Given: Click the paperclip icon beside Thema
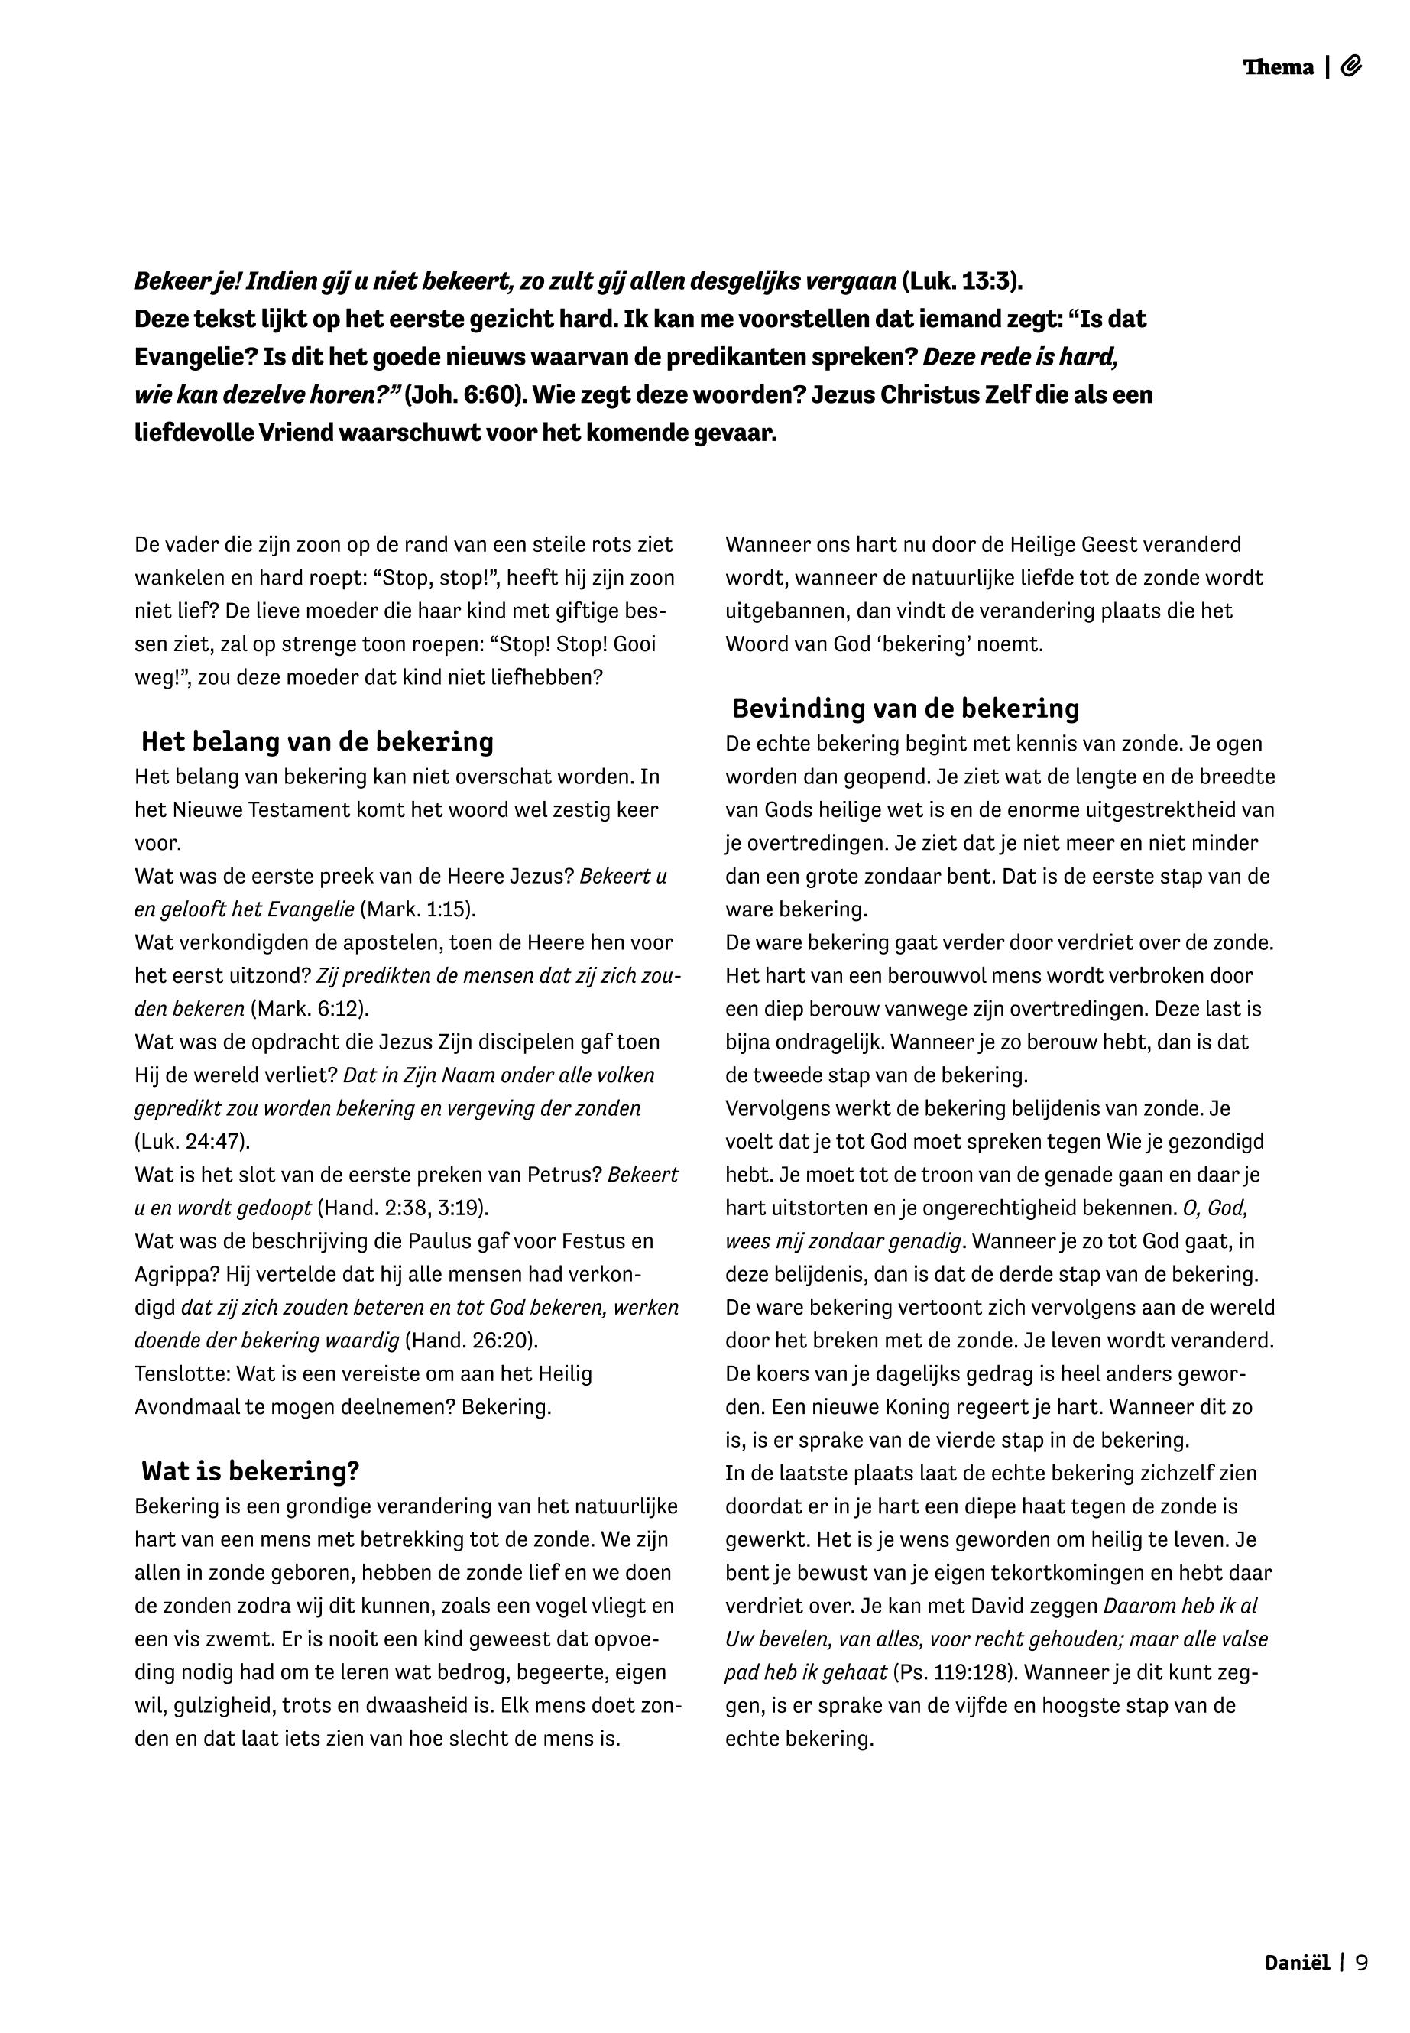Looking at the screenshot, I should tap(1351, 66).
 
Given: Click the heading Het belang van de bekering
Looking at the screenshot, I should tap(317, 741).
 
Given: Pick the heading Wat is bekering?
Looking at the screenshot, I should tap(250, 1471).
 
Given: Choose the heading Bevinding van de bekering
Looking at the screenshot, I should tap(906, 708).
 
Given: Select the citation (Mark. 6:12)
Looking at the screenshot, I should tap(310, 1009).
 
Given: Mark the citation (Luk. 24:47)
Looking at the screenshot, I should tap(193, 1142).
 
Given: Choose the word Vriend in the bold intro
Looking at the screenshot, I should tap(295, 435).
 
